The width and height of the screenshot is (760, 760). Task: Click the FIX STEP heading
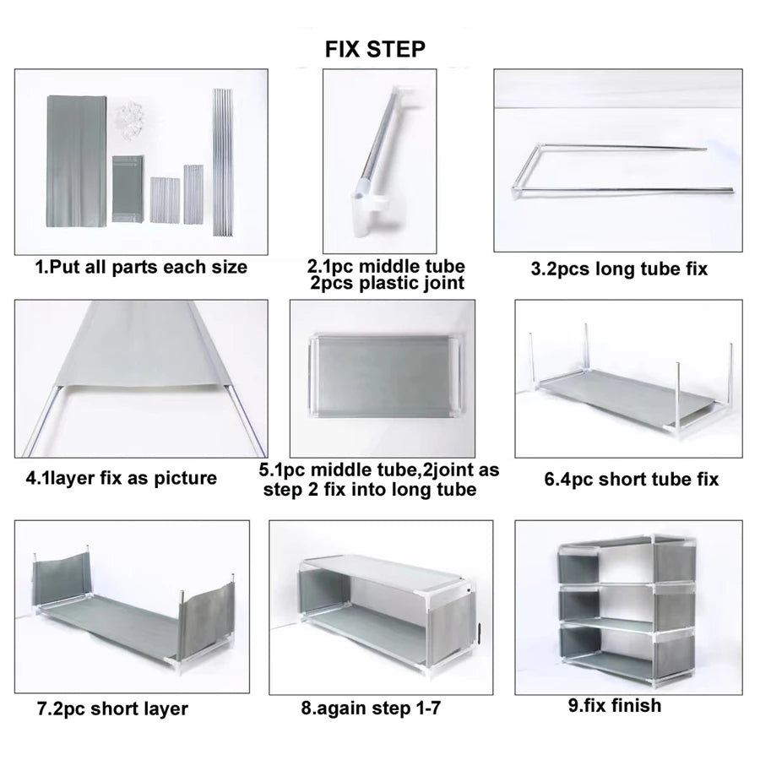tap(375, 50)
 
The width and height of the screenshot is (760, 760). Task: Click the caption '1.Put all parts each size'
tap(141, 267)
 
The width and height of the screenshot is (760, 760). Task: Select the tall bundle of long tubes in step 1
tap(223, 162)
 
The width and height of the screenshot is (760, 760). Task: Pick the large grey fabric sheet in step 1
tap(77, 161)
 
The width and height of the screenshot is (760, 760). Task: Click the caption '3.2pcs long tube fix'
tap(619, 269)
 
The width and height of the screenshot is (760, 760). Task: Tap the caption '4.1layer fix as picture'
tap(121, 479)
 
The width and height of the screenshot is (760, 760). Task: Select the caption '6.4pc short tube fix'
tap(631, 480)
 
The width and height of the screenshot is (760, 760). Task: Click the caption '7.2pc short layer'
tap(112, 708)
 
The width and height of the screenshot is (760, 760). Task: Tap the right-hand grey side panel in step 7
tap(207, 621)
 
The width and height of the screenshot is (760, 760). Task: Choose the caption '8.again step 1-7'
tap(371, 708)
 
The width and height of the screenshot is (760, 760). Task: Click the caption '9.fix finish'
tap(615, 706)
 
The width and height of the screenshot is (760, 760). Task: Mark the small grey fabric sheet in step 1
tap(128, 189)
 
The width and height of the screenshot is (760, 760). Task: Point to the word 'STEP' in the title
tap(396, 50)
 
